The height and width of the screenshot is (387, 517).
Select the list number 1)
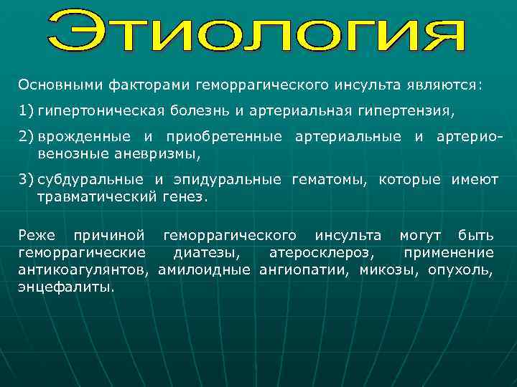[26, 112]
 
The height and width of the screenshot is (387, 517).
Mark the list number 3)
[26, 180]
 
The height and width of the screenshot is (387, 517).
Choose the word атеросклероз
[320, 252]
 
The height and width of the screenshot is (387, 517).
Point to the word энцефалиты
[66, 287]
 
